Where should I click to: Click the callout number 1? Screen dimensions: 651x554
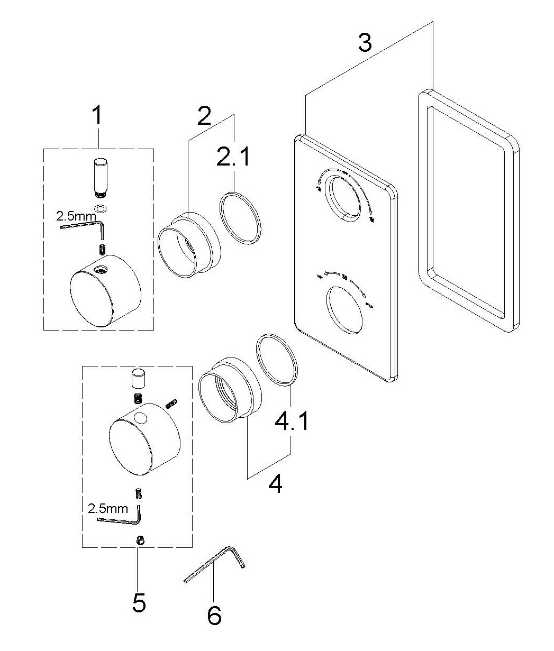click(x=96, y=115)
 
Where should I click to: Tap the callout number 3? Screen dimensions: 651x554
click(x=365, y=42)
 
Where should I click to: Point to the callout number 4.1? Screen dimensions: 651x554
click(x=290, y=422)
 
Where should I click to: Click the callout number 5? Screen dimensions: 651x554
click(x=139, y=602)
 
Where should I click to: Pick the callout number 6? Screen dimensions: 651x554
click(x=214, y=616)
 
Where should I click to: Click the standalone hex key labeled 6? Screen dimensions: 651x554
click(x=214, y=565)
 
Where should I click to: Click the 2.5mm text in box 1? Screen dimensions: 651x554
click(x=77, y=216)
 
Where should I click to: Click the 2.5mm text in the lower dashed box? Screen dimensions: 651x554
click(x=108, y=508)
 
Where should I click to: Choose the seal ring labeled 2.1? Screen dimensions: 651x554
click(x=241, y=217)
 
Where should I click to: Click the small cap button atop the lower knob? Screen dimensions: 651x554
click(x=138, y=379)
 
